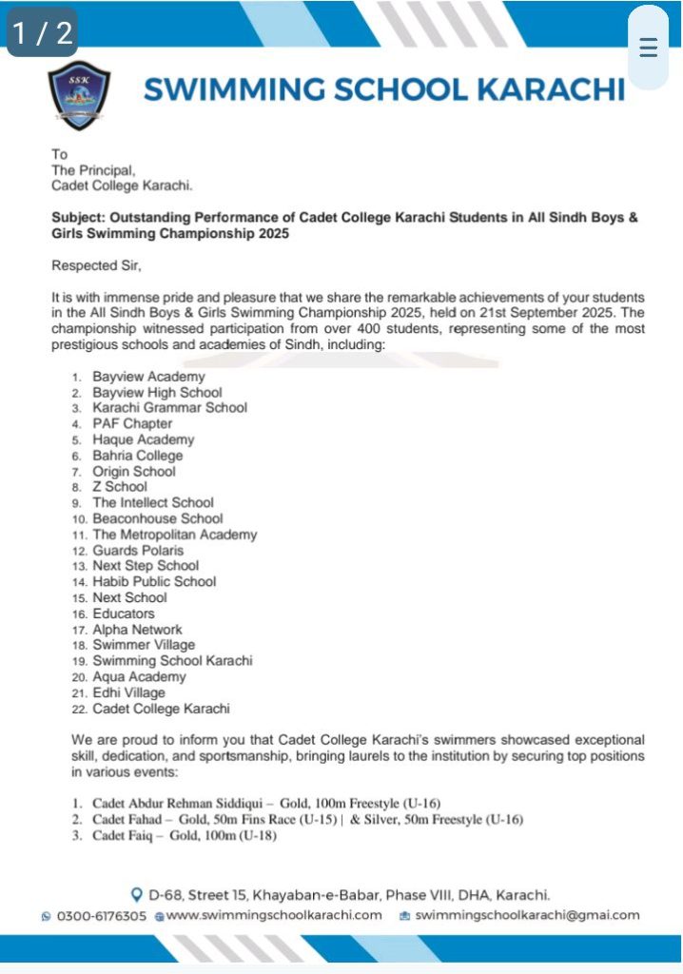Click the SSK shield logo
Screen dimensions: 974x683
[79, 95]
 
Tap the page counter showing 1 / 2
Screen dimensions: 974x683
[42, 33]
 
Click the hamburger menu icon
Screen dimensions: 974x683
[649, 49]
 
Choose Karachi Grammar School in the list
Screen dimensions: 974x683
[169, 407]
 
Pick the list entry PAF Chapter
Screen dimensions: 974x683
[132, 423]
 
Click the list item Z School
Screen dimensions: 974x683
[120, 486]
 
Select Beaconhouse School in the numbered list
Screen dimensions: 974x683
[157, 518]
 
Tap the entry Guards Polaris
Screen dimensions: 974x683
[138, 550]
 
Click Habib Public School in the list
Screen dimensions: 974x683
[154, 581]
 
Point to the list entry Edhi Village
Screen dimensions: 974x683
[128, 692]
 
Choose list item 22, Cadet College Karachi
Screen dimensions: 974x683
[161, 709]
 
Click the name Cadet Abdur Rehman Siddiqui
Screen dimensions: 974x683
[176, 802]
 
